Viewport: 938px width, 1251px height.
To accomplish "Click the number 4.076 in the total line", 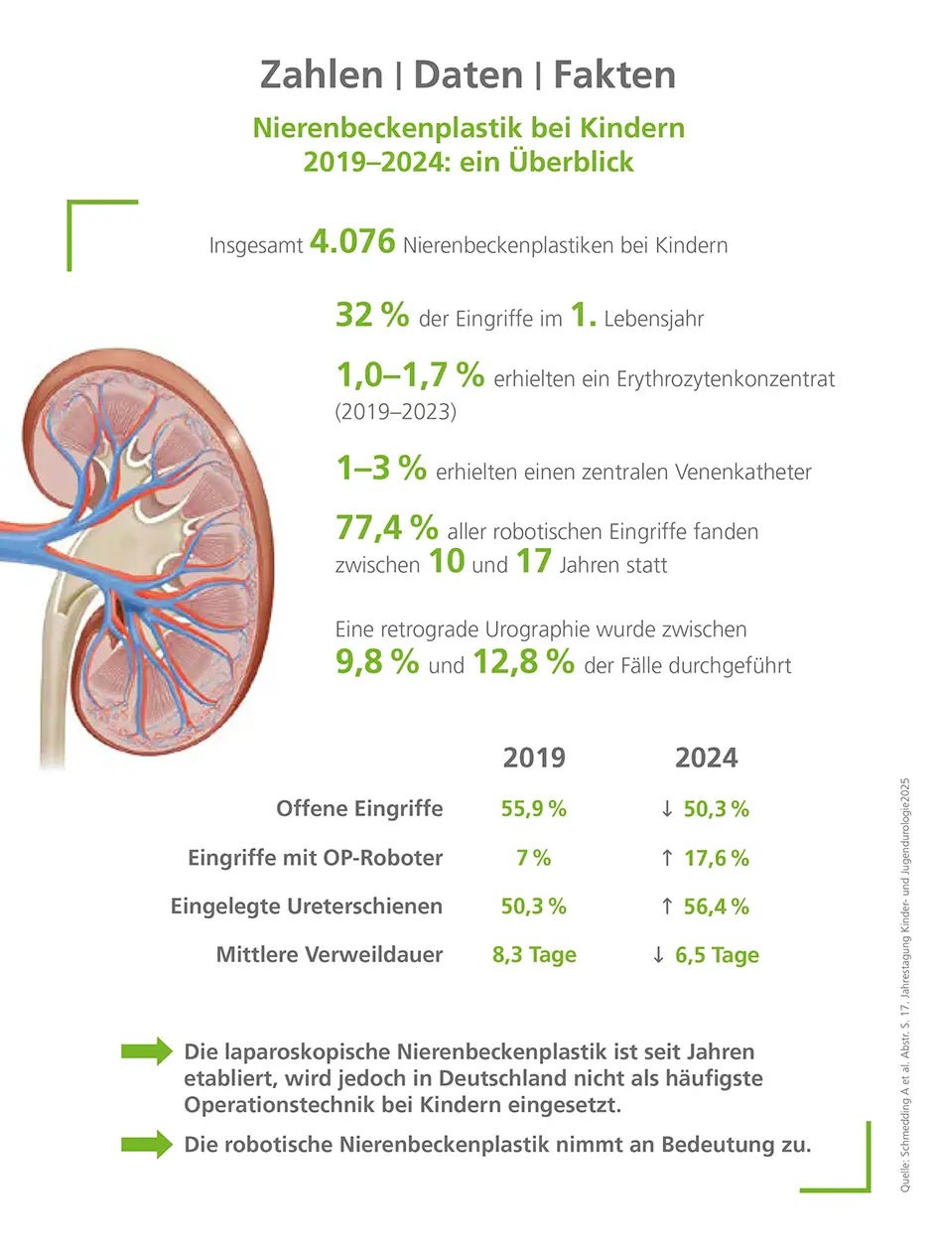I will (x=352, y=241).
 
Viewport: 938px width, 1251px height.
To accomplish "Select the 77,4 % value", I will (x=386, y=529).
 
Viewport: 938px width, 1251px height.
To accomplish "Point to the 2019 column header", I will (x=534, y=758).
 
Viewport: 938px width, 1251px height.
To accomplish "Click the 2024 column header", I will (x=706, y=758).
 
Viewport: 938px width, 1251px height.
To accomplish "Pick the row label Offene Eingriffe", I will (x=359, y=808).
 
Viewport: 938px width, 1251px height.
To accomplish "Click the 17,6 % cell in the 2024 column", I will (x=716, y=858).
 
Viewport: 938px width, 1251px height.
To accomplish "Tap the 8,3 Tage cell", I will (x=534, y=955).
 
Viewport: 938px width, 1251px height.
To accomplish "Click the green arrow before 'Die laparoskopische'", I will (x=146, y=1051).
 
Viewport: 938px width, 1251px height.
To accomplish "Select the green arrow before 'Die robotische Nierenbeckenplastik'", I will (x=146, y=1145).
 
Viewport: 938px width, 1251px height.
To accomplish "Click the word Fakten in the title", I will (x=613, y=74).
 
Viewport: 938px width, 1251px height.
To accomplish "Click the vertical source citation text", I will (x=906, y=983).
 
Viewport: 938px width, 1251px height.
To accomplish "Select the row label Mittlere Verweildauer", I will (x=330, y=955).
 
